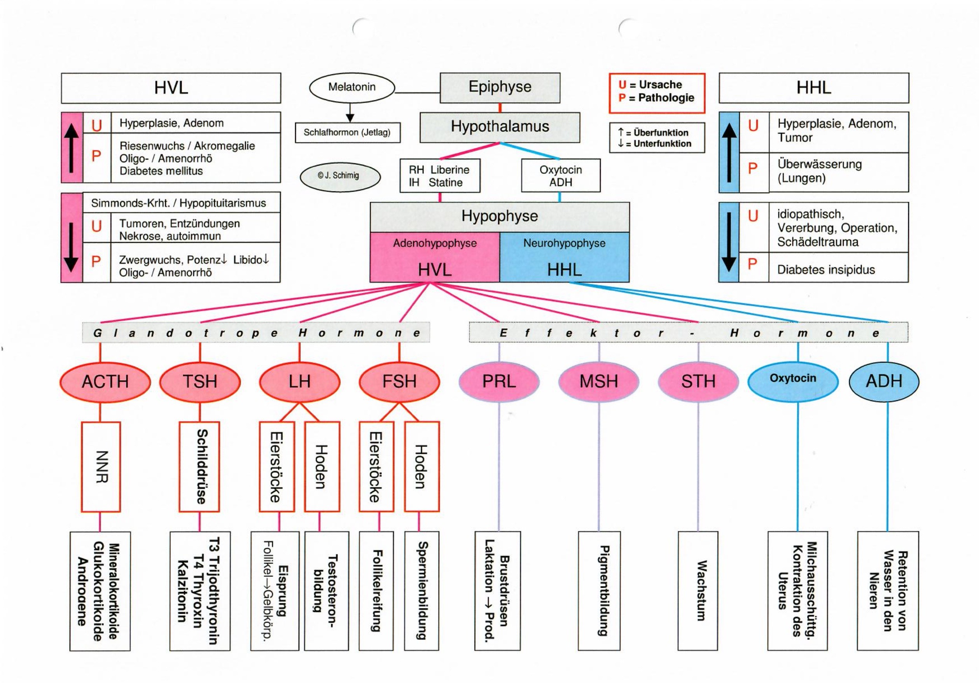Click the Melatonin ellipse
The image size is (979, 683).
352,88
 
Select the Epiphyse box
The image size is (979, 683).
500,88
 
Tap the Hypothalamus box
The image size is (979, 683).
500,127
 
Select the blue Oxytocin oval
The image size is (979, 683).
793,380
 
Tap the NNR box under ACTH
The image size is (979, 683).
101,467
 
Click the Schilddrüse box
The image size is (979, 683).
199,467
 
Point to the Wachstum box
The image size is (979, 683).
698,590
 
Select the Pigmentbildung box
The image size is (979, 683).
599,590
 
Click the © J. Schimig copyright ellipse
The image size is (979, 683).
340,176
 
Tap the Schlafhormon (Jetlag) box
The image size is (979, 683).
347,133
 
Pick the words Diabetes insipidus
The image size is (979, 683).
826,270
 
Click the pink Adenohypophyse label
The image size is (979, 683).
435,243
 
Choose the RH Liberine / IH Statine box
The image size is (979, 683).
440,176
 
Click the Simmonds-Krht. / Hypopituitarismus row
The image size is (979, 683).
179,203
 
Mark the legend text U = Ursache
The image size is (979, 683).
650,84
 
